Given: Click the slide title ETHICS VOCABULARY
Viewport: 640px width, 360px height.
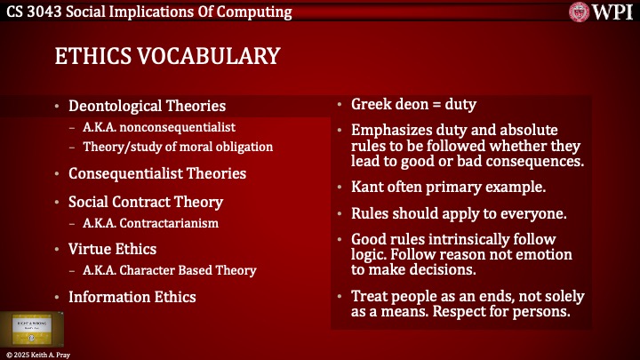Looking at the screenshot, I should pyautogui.click(x=167, y=56).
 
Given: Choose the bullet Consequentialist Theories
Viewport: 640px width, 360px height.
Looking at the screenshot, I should pyautogui.click(x=157, y=173).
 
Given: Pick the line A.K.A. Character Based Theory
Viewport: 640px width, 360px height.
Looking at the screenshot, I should pyautogui.click(x=170, y=270).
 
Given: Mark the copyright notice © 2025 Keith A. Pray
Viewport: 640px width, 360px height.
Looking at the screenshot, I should pyautogui.click(x=41, y=355).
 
